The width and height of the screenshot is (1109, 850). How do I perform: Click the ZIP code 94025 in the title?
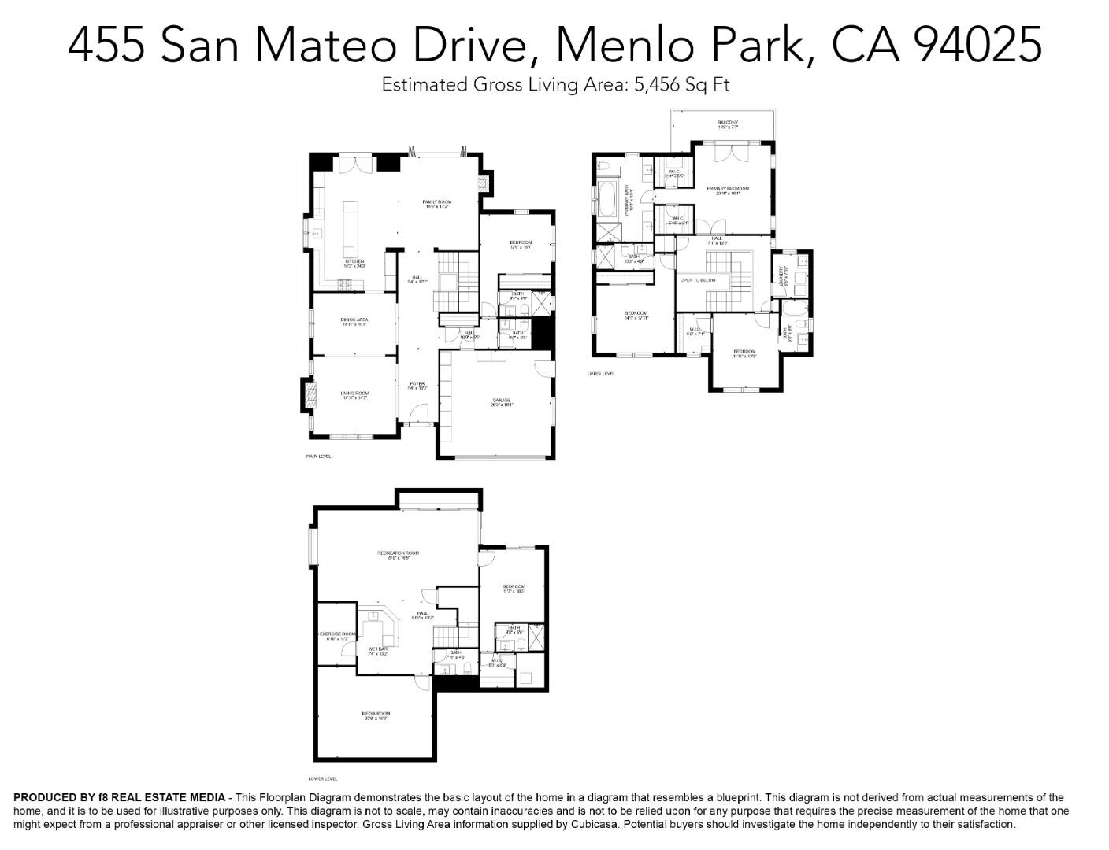click(x=977, y=44)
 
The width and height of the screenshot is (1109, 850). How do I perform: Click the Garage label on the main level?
click(x=501, y=401)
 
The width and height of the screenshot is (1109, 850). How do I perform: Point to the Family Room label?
click(x=436, y=202)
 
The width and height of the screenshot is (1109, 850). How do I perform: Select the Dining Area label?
click(x=354, y=320)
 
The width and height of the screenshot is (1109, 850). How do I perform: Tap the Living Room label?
click(x=354, y=394)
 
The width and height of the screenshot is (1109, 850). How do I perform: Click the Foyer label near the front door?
click(x=417, y=384)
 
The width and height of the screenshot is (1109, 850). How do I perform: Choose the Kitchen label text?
click(x=354, y=261)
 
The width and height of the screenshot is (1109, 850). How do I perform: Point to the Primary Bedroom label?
click(x=728, y=189)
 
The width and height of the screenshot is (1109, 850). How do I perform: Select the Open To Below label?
click(x=698, y=279)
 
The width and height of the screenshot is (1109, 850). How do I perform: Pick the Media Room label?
click(x=376, y=714)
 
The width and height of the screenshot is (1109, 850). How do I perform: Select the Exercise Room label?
click(x=337, y=634)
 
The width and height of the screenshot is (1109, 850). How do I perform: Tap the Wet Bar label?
click(x=378, y=649)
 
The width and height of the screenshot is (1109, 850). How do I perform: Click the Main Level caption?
click(x=319, y=456)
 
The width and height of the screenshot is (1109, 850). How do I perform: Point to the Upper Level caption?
click(x=601, y=374)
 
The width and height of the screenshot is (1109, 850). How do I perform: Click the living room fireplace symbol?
click(x=307, y=395)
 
